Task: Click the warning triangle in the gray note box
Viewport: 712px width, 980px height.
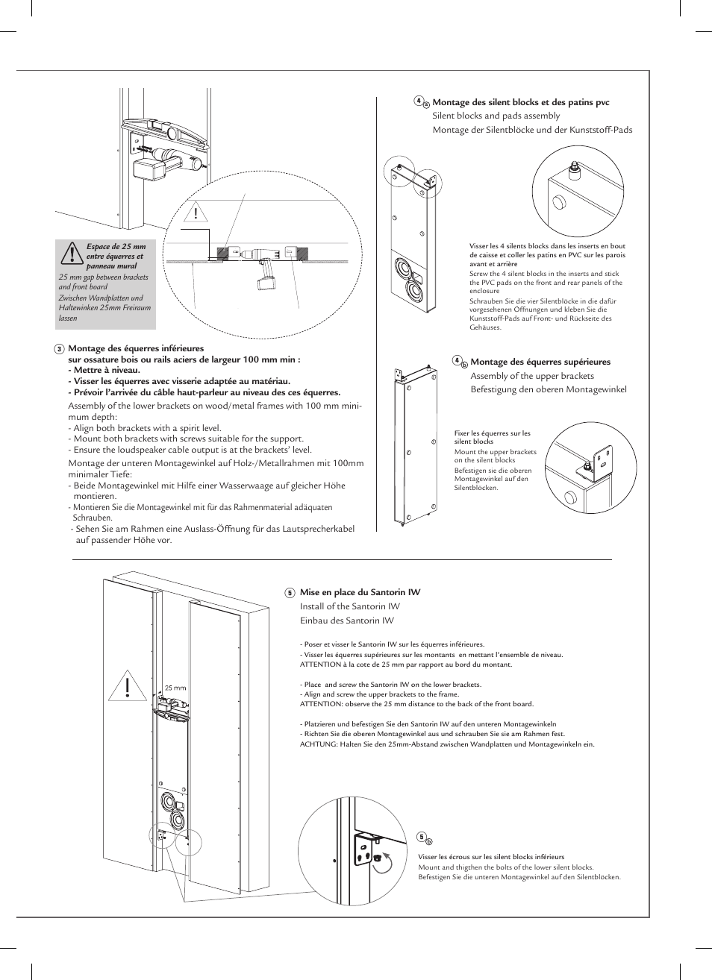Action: click(x=72, y=254)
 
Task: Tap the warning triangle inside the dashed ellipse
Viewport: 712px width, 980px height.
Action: click(x=197, y=214)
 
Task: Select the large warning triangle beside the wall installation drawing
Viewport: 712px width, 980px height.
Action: click(x=128, y=686)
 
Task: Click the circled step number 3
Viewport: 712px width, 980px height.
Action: click(x=59, y=349)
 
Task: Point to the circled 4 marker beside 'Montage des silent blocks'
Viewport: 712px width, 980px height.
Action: click(x=419, y=101)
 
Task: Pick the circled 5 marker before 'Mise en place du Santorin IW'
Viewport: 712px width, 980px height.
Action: click(x=290, y=593)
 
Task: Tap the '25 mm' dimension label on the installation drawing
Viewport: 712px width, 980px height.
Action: click(x=175, y=688)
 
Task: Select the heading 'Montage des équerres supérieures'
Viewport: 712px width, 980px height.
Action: click(x=540, y=362)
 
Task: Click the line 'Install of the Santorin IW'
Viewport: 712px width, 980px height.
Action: click(x=349, y=606)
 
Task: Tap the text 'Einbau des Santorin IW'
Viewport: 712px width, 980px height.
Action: click(x=346, y=621)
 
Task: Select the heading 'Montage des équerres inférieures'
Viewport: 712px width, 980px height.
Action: click(x=135, y=348)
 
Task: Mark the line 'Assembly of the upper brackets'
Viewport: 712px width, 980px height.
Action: click(x=531, y=376)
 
